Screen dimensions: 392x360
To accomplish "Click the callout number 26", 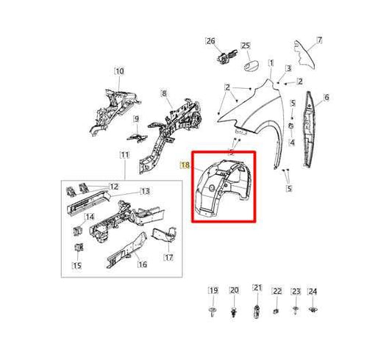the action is click(210, 41).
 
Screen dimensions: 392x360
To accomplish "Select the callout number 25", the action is click(246, 46).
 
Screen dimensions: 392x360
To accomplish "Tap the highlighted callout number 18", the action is click(185, 165).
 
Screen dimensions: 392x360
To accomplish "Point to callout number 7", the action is click(319, 40).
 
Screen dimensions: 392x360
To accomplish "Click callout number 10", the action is click(119, 71).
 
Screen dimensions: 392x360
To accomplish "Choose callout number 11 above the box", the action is click(125, 155).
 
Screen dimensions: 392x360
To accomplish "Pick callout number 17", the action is click(168, 257).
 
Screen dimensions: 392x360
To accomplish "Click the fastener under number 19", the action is click(213, 312).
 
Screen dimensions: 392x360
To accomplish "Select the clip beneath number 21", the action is click(257, 312).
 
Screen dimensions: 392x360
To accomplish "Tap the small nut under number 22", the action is click(276, 312).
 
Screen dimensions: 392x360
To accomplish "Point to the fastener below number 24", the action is click(313, 310).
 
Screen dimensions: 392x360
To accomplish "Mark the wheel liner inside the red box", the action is click(224, 187).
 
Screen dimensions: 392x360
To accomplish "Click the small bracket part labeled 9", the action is click(137, 137).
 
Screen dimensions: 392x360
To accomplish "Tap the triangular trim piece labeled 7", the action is click(304, 55).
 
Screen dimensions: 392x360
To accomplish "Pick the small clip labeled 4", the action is click(291, 126).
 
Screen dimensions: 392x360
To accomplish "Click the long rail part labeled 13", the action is click(89, 202).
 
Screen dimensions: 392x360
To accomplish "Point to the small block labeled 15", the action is click(79, 248).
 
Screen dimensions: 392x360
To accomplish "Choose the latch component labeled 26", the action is click(227, 57).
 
